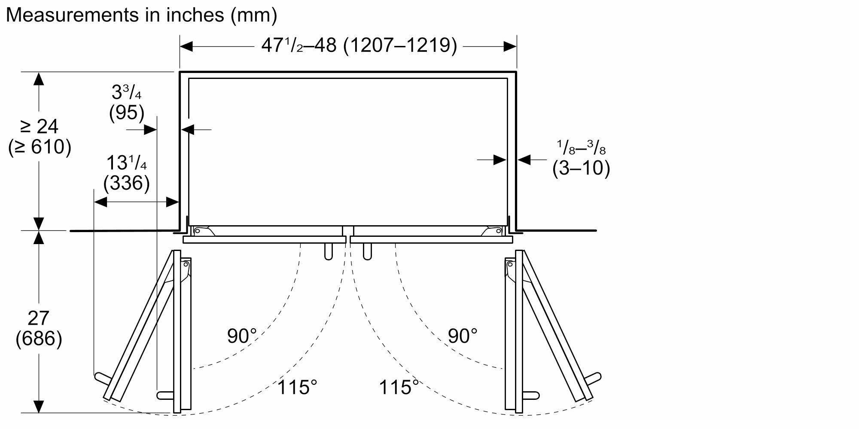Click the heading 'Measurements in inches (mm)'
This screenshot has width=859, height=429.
coord(141,15)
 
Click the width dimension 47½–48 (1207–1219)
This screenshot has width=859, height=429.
coord(359,45)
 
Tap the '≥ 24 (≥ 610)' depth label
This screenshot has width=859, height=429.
coord(39,137)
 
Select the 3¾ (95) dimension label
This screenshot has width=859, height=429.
coord(127,103)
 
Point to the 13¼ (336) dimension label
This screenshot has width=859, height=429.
coord(127,173)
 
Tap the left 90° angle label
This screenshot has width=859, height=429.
coord(242,336)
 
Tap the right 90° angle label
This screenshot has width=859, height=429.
coord(463,336)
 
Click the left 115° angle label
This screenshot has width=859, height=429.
coord(297,387)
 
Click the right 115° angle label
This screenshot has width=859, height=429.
coord(399,387)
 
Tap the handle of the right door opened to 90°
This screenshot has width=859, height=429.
coord(531,395)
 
